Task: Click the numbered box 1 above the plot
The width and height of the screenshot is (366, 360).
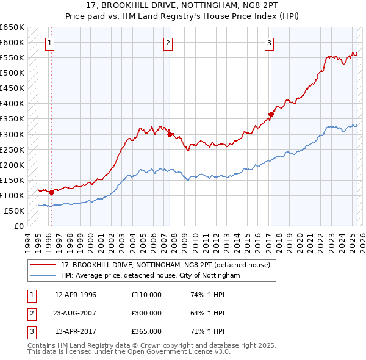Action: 49,43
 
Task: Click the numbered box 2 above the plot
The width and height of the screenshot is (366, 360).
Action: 167,43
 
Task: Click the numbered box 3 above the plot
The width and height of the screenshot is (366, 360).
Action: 269,43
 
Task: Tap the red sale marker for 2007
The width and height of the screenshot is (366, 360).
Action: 171,134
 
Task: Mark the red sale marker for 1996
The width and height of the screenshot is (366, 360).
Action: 52,192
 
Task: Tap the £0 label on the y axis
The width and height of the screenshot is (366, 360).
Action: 18,226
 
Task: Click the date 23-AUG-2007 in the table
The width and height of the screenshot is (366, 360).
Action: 76,313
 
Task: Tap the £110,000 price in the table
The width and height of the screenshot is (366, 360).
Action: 146,295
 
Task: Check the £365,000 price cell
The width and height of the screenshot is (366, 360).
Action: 146,331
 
